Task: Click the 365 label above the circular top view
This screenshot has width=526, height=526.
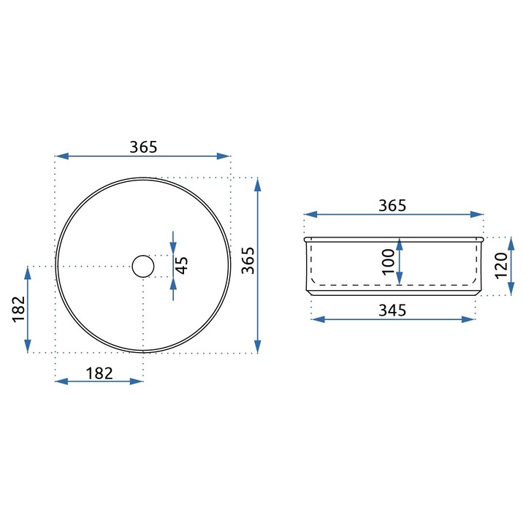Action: [143, 147]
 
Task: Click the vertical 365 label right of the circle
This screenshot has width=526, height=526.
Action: [248, 261]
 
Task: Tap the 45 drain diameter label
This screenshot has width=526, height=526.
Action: [182, 265]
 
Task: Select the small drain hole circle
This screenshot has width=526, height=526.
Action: [143, 267]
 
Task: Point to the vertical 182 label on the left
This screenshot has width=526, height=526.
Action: [19, 309]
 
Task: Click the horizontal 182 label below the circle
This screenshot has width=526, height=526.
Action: [99, 373]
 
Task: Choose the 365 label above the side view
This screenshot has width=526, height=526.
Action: [392, 205]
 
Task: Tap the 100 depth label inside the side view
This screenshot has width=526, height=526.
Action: [389, 262]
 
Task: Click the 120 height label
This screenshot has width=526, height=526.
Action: [501, 266]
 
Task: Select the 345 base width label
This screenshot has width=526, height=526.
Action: [392, 310]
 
